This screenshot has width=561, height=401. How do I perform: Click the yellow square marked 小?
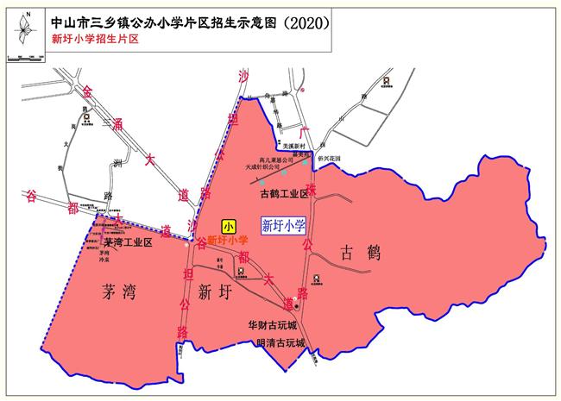pos(229,227)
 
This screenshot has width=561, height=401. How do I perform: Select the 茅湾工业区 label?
pos(122,243)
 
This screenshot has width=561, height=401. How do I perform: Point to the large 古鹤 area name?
pos(360,254)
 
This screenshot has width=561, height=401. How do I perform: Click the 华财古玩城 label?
pos(272,326)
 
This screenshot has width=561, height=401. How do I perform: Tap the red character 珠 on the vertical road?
pos(310,187)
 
